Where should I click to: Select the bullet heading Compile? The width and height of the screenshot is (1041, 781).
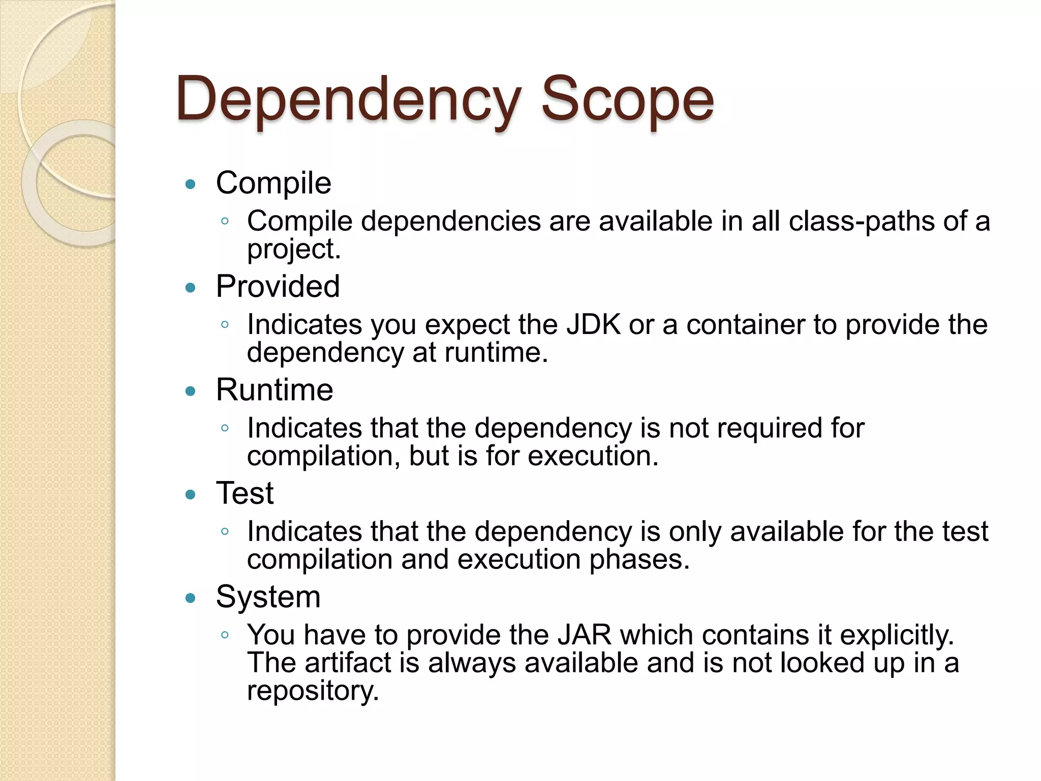[273, 183]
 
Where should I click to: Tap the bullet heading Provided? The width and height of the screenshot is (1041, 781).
[278, 286]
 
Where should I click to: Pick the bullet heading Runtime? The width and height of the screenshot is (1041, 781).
[274, 390]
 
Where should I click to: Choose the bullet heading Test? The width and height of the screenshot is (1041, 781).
[244, 493]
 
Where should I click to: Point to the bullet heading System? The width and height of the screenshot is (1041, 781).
[268, 597]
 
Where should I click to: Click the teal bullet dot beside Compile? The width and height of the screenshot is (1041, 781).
[191, 185]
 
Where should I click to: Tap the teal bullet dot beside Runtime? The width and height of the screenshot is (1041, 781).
[191, 391]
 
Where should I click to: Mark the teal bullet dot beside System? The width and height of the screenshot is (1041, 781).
[191, 598]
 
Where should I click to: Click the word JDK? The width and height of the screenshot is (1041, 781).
[593, 324]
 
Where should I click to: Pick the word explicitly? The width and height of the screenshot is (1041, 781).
[897, 635]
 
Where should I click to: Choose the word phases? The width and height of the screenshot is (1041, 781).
[639, 559]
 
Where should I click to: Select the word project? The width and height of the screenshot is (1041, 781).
[293, 250]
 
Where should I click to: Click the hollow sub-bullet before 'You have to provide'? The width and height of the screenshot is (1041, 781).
[225, 635]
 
